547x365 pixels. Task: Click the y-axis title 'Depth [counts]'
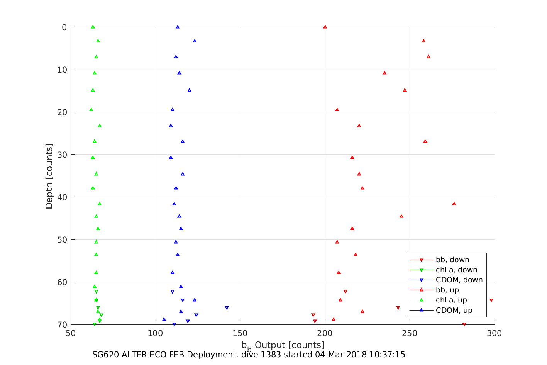click(49, 176)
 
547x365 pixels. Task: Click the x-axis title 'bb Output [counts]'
click(283, 345)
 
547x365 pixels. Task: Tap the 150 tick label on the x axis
click(240, 333)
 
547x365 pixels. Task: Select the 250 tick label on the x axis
click(410, 333)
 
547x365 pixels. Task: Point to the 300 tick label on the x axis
click(495, 333)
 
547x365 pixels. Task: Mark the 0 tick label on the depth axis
click(64, 27)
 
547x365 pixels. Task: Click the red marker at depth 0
click(325, 27)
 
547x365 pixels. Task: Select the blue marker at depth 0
click(178, 27)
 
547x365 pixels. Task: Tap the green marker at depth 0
click(93, 27)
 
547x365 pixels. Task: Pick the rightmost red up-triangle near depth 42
click(454, 204)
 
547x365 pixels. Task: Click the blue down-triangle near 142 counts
click(227, 308)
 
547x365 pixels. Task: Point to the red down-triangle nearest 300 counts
click(491, 300)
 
